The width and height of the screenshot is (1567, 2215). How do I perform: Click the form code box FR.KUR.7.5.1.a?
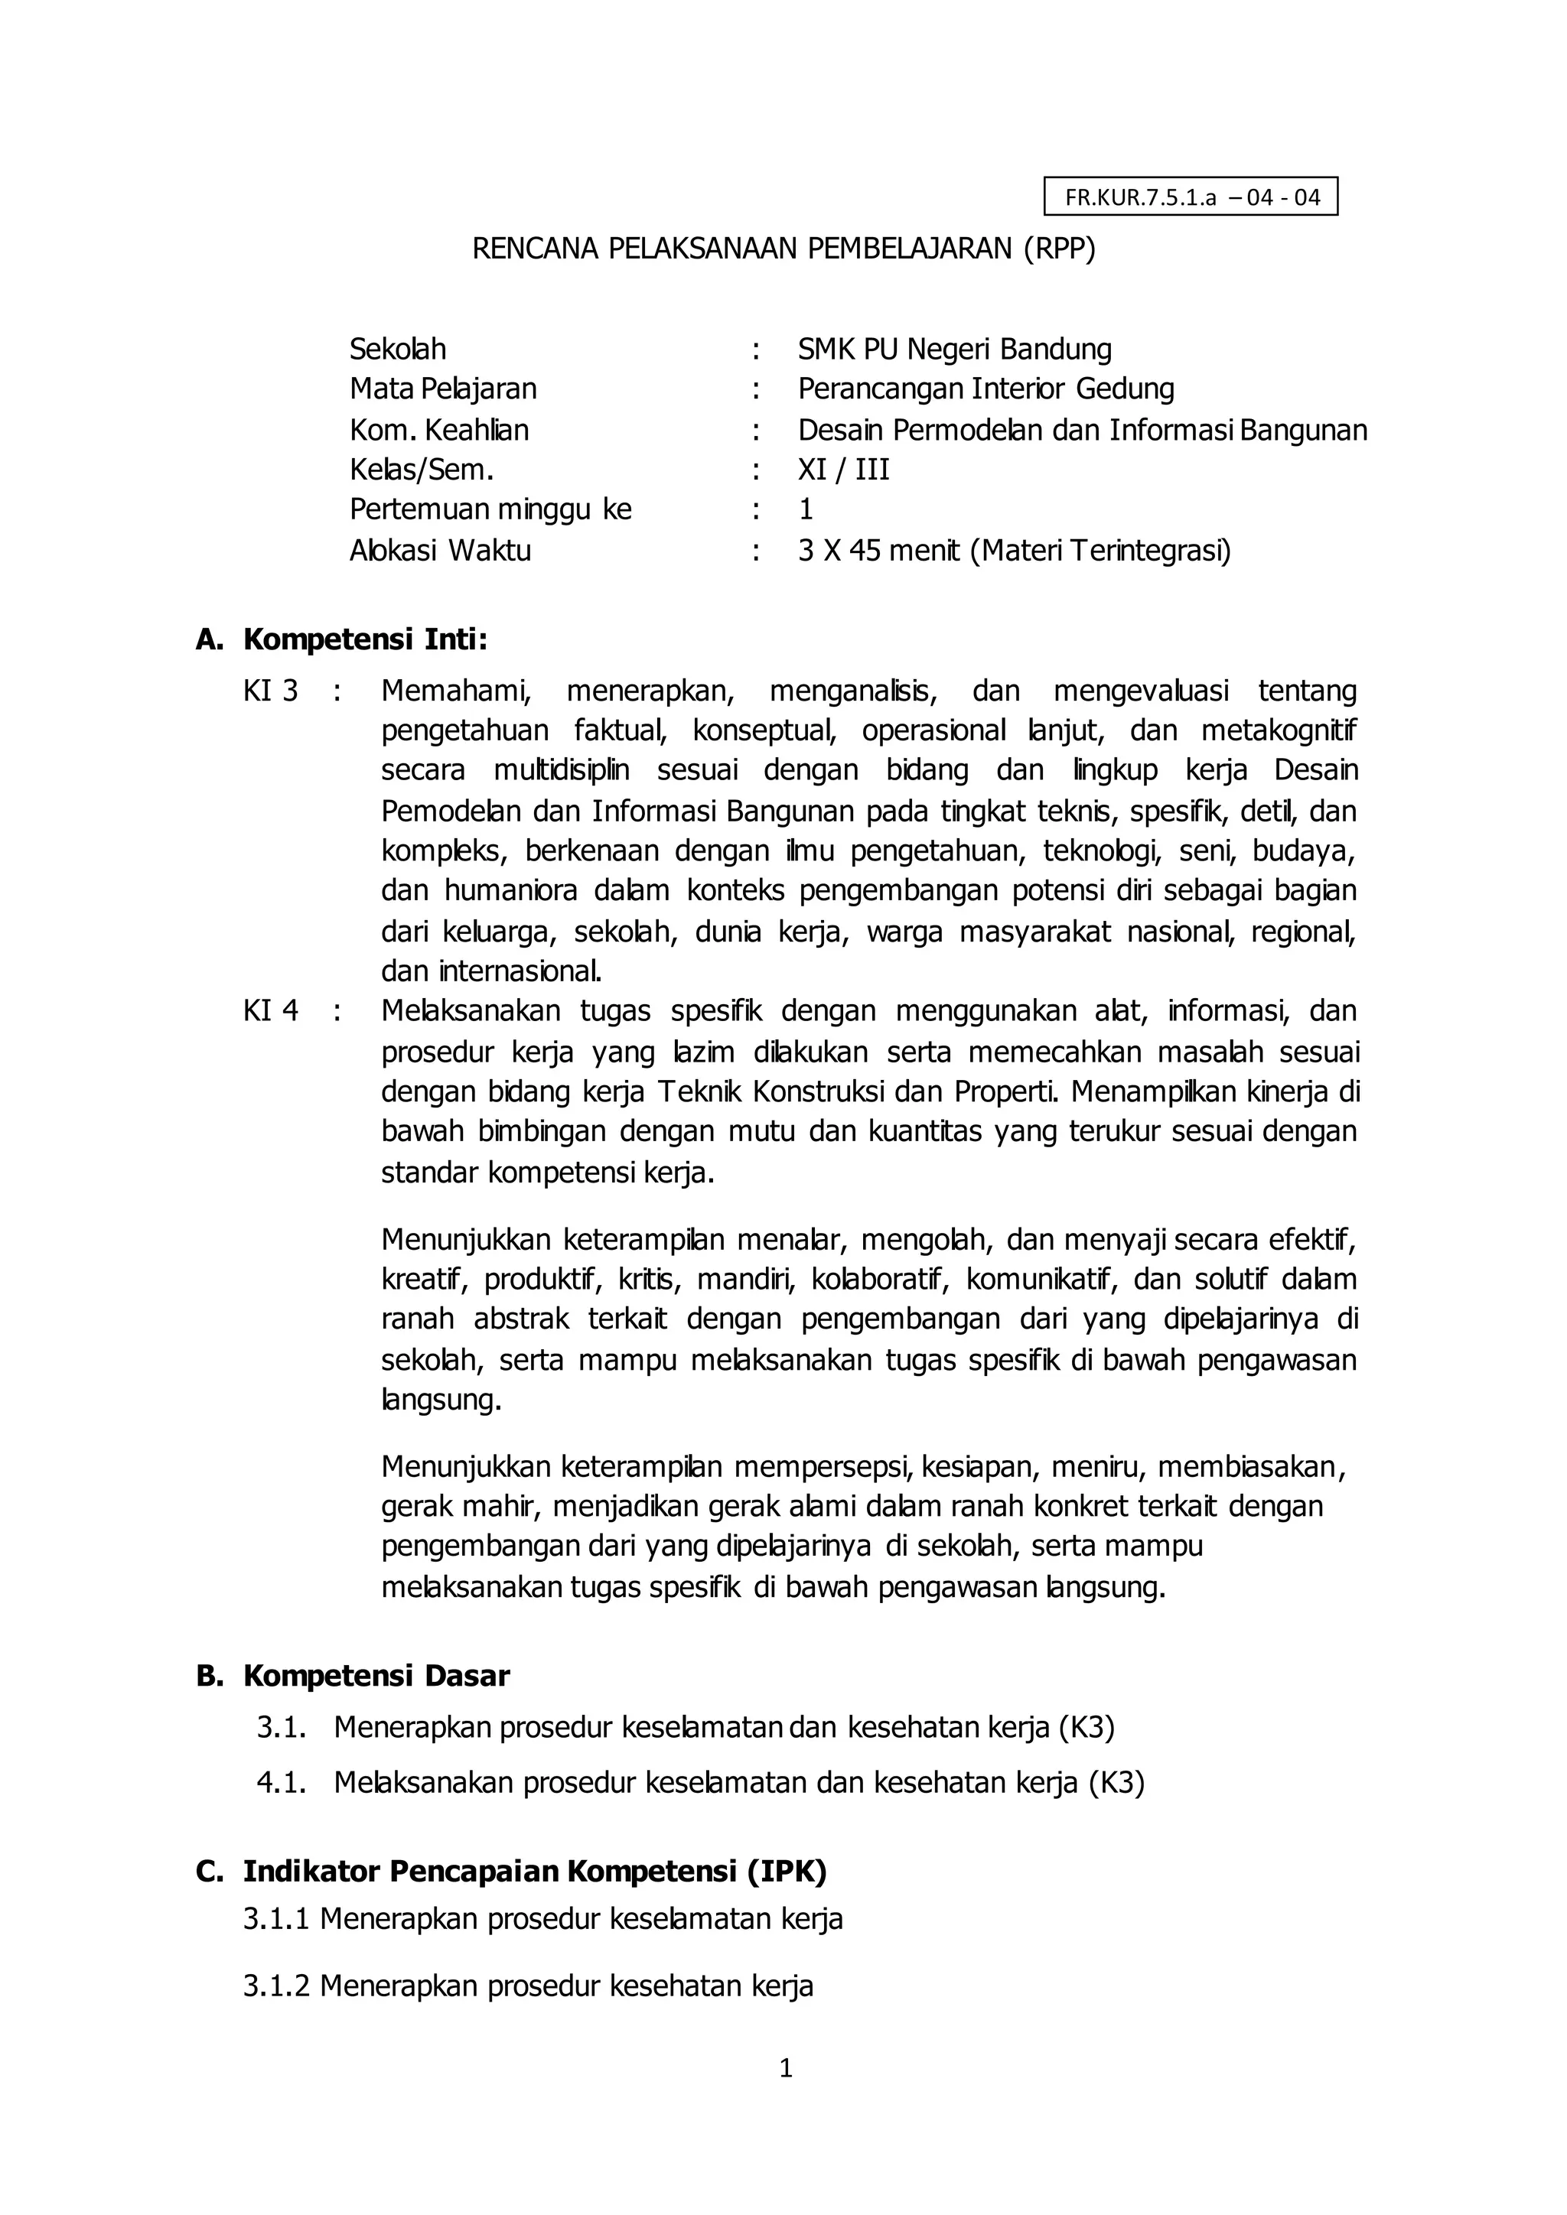click(1191, 198)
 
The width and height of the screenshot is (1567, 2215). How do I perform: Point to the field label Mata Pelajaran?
click(443, 389)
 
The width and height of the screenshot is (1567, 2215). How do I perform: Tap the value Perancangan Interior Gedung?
click(986, 389)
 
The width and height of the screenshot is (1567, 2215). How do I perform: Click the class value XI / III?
click(843, 470)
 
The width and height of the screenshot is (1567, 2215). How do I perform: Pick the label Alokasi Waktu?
click(440, 551)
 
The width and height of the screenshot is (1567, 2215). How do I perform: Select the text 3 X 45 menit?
click(880, 551)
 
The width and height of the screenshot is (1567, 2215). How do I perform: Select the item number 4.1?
click(281, 1783)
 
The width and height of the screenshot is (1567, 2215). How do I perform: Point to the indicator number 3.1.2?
click(276, 1986)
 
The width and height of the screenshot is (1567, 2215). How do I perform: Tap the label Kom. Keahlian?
click(439, 429)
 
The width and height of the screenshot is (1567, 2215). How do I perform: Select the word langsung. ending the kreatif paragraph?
click(441, 1400)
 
